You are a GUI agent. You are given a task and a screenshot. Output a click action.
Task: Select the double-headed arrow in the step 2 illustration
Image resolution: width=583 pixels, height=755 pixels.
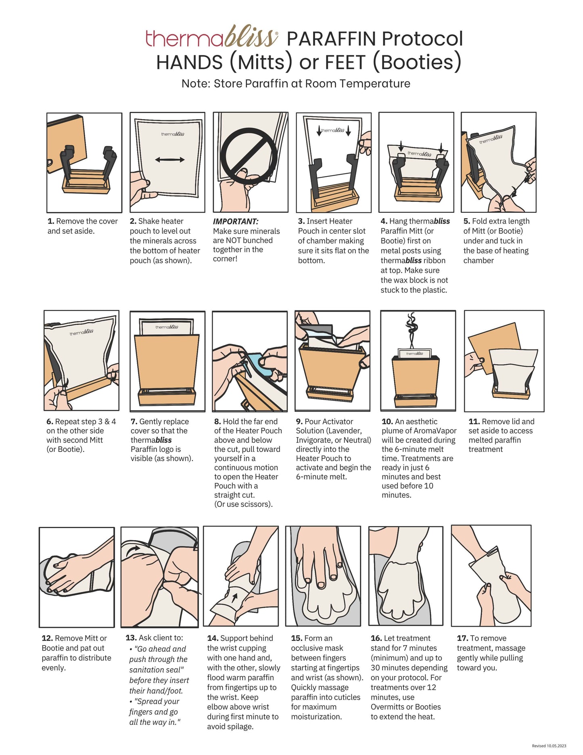click(170, 159)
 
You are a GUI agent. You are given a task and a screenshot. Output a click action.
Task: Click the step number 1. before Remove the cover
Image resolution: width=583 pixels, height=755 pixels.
click(51, 221)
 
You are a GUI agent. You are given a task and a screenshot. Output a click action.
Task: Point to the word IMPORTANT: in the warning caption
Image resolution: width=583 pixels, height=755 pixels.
click(236, 221)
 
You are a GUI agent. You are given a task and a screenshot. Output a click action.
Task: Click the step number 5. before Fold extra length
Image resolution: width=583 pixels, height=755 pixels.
click(467, 221)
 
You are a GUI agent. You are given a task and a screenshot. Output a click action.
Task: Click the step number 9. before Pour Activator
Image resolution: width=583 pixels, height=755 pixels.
click(299, 422)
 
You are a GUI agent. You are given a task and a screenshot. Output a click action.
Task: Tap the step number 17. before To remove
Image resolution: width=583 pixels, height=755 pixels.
click(462, 638)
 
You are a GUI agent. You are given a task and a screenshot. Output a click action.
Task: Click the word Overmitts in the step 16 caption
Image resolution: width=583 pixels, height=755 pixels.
click(390, 707)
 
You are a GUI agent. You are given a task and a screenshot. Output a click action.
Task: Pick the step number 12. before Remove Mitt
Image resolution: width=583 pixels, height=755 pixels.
click(47, 638)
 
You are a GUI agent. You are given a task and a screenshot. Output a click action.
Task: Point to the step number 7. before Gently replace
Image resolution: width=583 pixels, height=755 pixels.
click(134, 422)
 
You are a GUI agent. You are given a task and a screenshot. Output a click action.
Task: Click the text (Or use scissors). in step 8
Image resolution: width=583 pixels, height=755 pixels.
click(243, 504)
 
